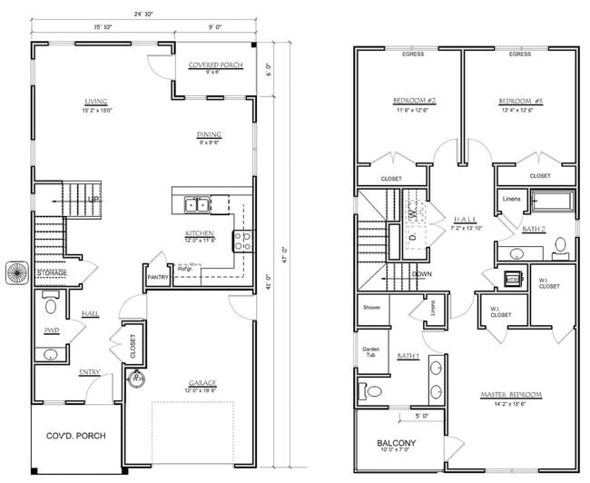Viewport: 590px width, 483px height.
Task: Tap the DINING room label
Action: [x=210, y=135]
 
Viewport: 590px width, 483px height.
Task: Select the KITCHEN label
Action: [x=199, y=232]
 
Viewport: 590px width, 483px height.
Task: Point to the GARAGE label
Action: [x=202, y=382]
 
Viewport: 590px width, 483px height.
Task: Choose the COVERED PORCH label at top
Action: [x=215, y=65]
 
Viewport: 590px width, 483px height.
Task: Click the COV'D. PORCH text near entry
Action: [x=76, y=436]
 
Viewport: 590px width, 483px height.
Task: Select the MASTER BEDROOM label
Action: [x=511, y=394]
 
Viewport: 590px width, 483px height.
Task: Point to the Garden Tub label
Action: [x=371, y=351]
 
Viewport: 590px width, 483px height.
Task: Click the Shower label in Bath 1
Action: [x=371, y=307]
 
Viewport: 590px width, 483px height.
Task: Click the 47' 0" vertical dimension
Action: [x=283, y=249]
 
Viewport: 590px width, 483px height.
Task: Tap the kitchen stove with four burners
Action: [x=244, y=241]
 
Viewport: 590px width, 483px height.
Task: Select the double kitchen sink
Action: [x=195, y=203]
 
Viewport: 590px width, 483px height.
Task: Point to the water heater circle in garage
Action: [x=136, y=379]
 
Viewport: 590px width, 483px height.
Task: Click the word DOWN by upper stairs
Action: [x=421, y=273]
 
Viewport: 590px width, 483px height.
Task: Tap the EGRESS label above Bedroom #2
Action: [x=411, y=54]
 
